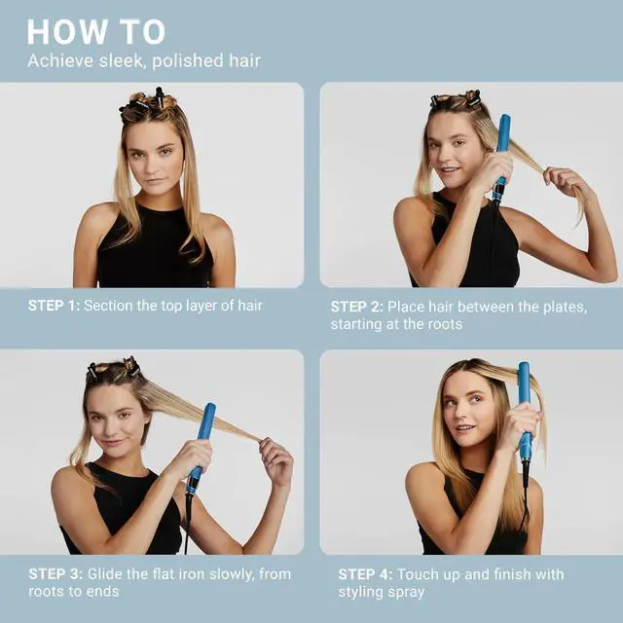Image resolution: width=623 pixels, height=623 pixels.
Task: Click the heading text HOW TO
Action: (x=96, y=31)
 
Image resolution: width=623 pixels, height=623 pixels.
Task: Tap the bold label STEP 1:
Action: (x=54, y=306)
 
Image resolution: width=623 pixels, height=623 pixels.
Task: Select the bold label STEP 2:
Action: (x=356, y=307)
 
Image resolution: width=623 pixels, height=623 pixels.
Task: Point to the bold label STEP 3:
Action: (x=55, y=574)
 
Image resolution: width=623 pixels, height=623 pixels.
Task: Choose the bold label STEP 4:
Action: (x=364, y=574)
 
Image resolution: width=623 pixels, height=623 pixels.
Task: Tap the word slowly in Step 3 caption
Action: (x=231, y=574)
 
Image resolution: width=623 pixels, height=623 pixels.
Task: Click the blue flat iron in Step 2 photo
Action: (x=502, y=156)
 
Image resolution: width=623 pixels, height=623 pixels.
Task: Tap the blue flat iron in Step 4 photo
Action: (x=525, y=409)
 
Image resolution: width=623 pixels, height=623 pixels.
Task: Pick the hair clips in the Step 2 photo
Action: (x=456, y=100)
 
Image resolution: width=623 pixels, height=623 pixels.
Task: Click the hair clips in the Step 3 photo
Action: (x=113, y=370)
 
